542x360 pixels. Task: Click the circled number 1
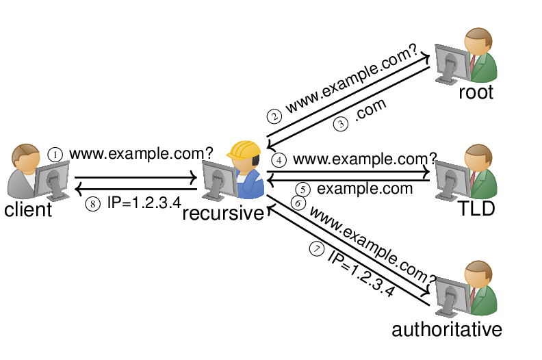click(55, 155)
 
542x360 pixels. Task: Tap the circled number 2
click(274, 116)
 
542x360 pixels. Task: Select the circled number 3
click(340, 125)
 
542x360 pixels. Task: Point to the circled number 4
click(278, 160)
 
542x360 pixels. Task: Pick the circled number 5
click(303, 189)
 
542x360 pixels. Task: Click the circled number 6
click(297, 203)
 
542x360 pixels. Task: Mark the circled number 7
click(315, 250)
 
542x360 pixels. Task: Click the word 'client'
click(28, 209)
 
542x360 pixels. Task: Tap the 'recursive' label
click(223, 214)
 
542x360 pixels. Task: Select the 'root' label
click(476, 92)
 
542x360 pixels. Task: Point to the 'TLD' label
click(476, 209)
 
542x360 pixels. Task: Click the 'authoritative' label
click(447, 329)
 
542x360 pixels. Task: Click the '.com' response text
click(370, 112)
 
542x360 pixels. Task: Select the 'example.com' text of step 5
click(365, 188)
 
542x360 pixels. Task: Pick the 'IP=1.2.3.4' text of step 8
click(144, 203)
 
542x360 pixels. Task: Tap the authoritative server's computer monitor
click(450, 294)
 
